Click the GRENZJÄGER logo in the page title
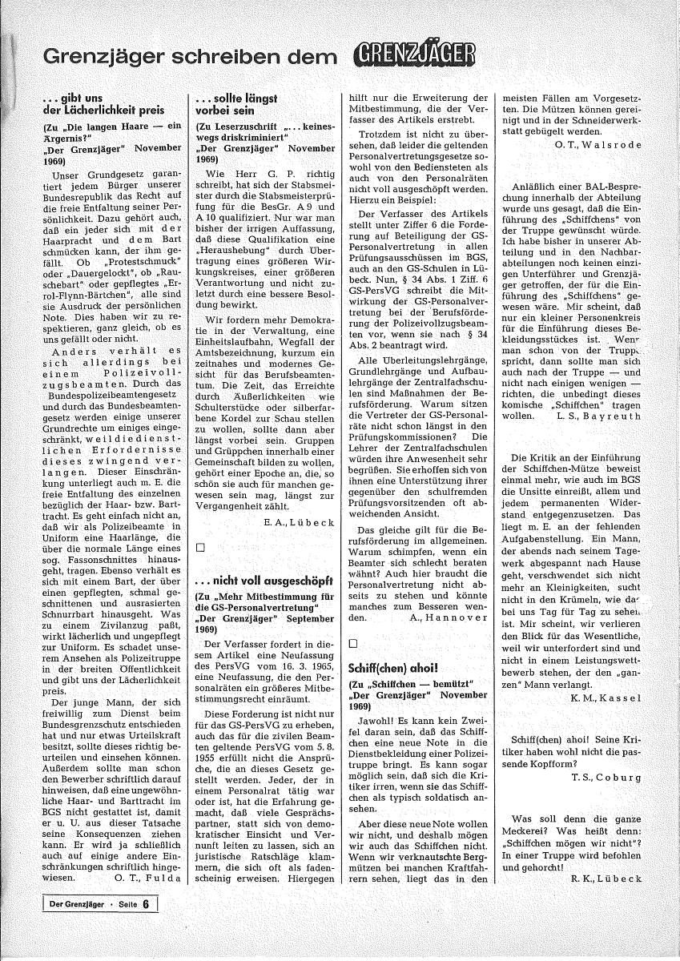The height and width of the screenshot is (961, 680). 413,54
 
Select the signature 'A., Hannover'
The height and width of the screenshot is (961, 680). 448,618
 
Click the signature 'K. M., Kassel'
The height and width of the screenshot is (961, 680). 604,698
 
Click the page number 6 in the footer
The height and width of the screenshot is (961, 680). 146,906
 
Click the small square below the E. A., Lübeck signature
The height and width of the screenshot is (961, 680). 201,547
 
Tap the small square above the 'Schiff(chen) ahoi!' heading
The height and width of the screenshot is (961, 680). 354,643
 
